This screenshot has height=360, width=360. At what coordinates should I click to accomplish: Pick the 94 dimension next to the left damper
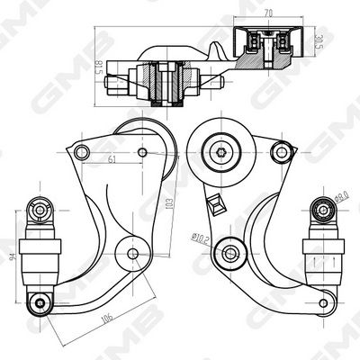(x=11, y=256)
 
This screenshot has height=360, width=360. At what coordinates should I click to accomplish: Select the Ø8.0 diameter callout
(x=340, y=193)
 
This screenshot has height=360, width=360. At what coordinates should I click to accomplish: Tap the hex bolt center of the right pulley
(x=220, y=150)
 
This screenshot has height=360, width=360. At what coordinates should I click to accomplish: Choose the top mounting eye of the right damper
(x=323, y=209)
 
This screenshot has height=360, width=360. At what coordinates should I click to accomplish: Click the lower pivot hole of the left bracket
(x=133, y=253)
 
